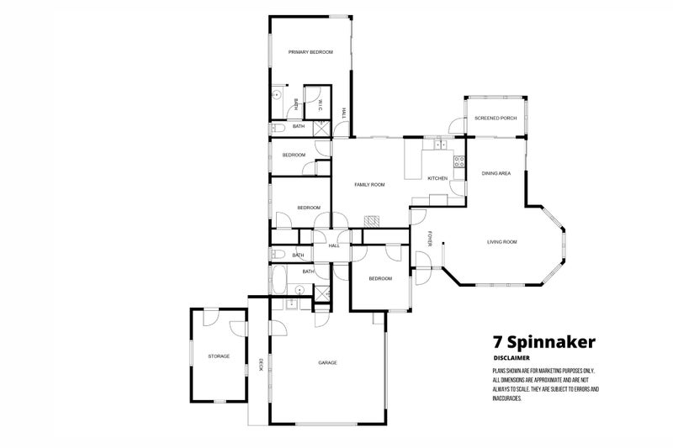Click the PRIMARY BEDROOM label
point(310,52)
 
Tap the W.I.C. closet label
point(321,105)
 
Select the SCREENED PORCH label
point(495,119)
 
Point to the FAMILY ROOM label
point(369,185)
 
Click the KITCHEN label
point(437,179)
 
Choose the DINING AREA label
point(496,173)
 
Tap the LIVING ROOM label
point(501,242)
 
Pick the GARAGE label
point(327,362)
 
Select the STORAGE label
point(219,356)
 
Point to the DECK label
point(261,364)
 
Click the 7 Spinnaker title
point(543,342)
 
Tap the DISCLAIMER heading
point(511,358)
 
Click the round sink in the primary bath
point(275,96)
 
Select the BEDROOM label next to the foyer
point(381,278)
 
